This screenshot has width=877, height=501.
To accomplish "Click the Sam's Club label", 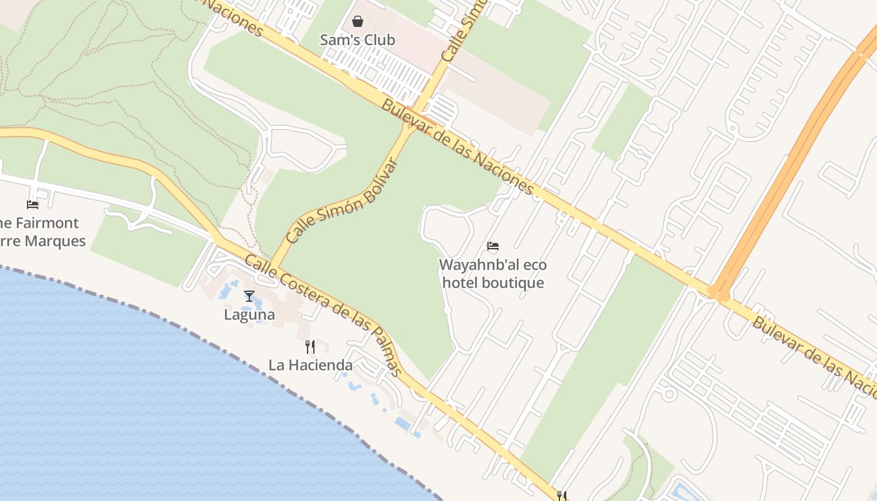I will tap(357, 40).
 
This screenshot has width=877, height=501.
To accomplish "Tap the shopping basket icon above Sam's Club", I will tap(358, 22).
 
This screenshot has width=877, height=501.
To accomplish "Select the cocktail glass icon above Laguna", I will tap(249, 296).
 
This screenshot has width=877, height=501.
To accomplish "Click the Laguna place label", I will tap(249, 314).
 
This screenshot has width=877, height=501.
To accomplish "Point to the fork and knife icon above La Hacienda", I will tap(310, 347).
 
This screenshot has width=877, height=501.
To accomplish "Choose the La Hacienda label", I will tap(311, 365).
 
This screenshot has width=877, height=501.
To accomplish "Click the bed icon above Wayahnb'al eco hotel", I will tap(493, 247).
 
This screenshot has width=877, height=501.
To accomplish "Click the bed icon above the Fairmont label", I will tap(33, 205).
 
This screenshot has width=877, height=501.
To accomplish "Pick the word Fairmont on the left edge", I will tap(47, 223).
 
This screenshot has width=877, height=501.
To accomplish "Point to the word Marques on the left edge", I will tap(57, 241).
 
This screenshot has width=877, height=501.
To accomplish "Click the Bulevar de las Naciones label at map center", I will tap(458, 148).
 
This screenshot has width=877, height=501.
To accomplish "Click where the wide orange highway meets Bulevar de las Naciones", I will tap(717, 293).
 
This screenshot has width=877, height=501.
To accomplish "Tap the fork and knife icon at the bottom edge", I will tap(562, 496).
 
